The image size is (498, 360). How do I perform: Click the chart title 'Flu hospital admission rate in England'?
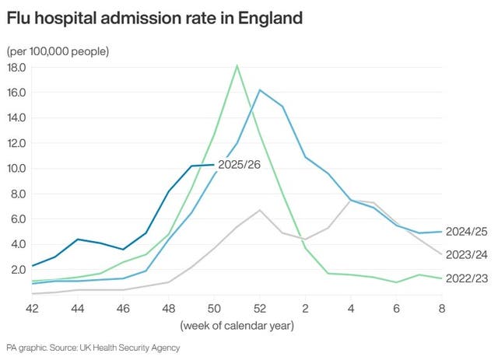click(x=154, y=18)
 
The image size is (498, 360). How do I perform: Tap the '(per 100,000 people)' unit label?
click(x=58, y=51)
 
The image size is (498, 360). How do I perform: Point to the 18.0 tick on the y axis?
click(x=16, y=68)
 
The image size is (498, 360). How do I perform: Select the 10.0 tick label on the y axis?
click(x=16, y=169)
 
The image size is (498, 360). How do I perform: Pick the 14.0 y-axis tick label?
click(x=16, y=118)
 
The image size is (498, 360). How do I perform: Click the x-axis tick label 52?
click(x=260, y=308)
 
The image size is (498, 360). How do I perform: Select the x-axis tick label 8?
click(x=441, y=308)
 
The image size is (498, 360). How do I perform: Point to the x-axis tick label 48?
click(x=169, y=308)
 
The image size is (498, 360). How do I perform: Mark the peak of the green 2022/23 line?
click(x=237, y=65)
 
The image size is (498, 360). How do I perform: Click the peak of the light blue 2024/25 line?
click(x=260, y=90)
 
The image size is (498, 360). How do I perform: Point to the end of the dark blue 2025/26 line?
click(x=214, y=164)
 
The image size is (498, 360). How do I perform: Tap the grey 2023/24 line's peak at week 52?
click(x=260, y=210)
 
